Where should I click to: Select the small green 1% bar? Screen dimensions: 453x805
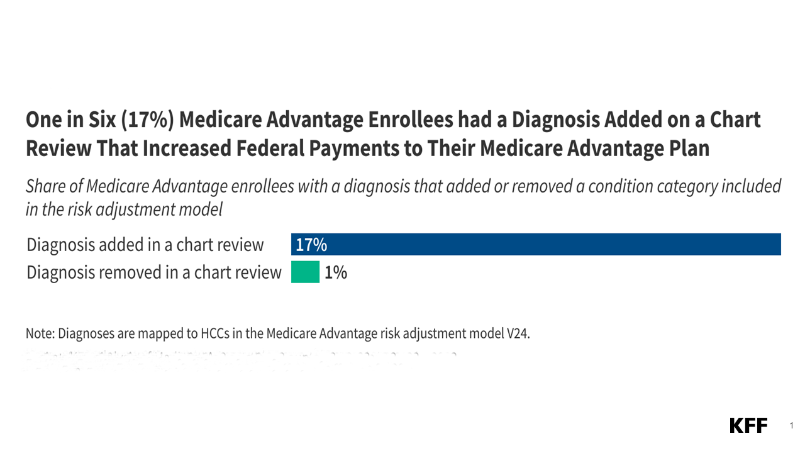(x=305, y=272)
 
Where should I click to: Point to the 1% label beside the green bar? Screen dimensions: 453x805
(x=336, y=272)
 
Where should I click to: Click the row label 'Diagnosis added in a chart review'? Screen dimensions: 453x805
(x=145, y=245)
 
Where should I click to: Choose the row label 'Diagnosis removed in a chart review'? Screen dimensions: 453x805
(x=154, y=272)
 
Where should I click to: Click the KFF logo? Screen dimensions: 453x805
(x=748, y=426)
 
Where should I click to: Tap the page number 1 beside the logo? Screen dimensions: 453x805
(x=791, y=427)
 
